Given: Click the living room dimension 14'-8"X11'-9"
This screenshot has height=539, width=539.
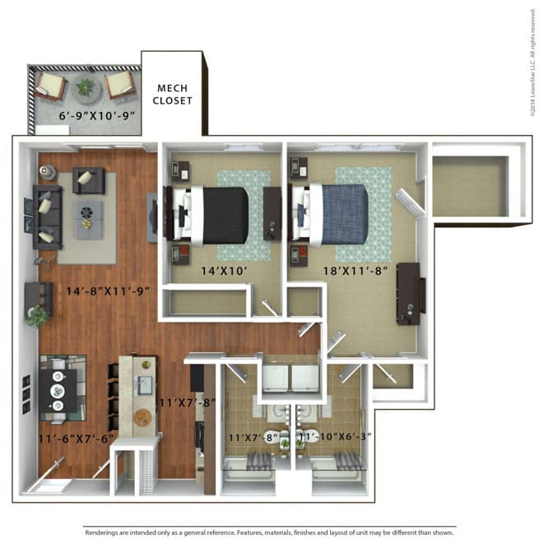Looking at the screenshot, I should click(108, 290).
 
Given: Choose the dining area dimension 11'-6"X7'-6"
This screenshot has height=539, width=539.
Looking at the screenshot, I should click(77, 439).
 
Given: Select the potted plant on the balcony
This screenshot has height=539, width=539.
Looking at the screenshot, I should click(85, 86).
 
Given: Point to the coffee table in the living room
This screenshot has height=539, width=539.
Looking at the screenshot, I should click(89, 218).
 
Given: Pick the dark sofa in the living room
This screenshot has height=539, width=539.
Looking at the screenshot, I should click(46, 217).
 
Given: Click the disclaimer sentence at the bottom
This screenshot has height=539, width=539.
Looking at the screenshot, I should click(269, 532).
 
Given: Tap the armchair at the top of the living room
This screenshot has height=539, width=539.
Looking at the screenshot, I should click(89, 179).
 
